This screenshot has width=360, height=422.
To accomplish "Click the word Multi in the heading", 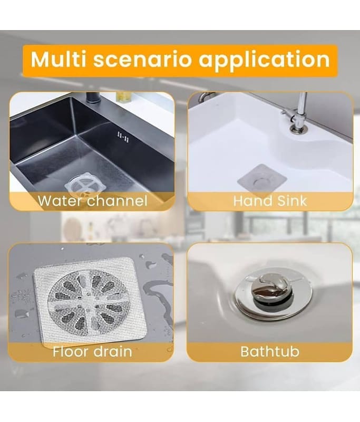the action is click(58, 59).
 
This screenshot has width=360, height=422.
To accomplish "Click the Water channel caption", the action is click(92, 201).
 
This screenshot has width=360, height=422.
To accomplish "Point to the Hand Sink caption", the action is click(270, 201).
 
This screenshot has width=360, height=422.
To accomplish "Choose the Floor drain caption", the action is click(92, 351).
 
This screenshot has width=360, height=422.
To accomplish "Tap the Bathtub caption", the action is click(270, 351).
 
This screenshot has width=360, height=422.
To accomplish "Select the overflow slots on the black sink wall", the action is click(123, 137).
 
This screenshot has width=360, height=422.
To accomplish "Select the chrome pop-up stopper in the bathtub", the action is click(271, 290).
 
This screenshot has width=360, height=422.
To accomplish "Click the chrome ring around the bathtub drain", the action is click(273, 293).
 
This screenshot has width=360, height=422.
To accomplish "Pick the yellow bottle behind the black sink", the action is click(123, 97).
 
